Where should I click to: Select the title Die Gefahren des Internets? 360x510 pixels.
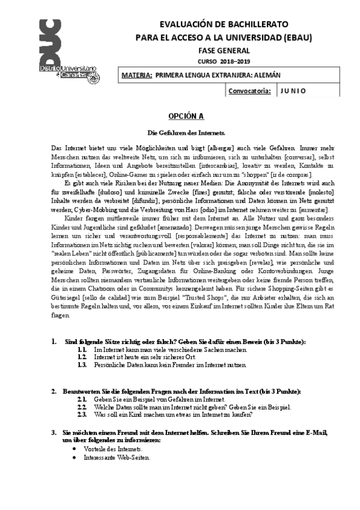(x=186, y=132)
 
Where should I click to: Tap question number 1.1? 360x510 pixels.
(x=83, y=349)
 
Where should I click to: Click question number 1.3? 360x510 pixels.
(x=83, y=364)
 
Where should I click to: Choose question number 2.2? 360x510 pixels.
(x=83, y=407)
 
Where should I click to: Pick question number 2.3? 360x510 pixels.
(x=83, y=415)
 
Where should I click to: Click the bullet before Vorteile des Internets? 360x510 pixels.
(x=74, y=449)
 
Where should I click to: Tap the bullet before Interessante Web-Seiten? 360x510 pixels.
(x=74, y=458)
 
